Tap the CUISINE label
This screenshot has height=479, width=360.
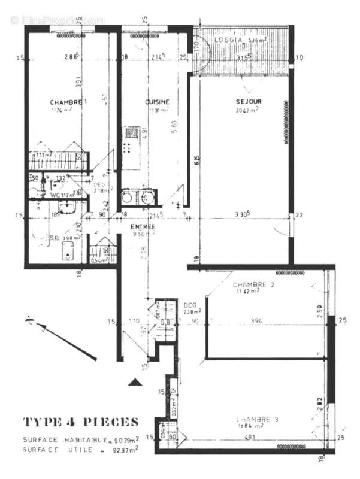158,102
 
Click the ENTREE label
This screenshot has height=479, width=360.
143,227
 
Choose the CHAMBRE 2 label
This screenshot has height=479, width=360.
253,284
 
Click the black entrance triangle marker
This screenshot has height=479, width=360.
136,381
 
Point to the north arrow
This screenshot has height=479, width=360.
60,338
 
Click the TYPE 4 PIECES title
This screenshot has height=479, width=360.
81,422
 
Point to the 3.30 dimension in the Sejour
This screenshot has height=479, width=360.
243,214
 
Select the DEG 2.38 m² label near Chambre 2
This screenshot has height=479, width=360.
192,308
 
